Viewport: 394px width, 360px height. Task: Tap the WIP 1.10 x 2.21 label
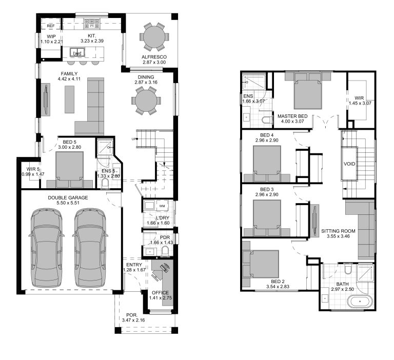pos(51,39)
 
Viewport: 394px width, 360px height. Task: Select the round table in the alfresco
pos(154,37)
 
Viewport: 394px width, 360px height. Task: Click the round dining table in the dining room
pos(146,100)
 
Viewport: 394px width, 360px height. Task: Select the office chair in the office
pos(164,268)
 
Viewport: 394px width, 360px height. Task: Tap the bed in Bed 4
pos(267,163)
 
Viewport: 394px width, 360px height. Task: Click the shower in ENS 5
pos(106,147)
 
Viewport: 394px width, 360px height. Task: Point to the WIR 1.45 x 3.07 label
pos(359,100)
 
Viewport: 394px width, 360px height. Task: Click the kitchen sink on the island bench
pos(77,53)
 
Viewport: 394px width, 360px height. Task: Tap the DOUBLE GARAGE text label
pos(68,197)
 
